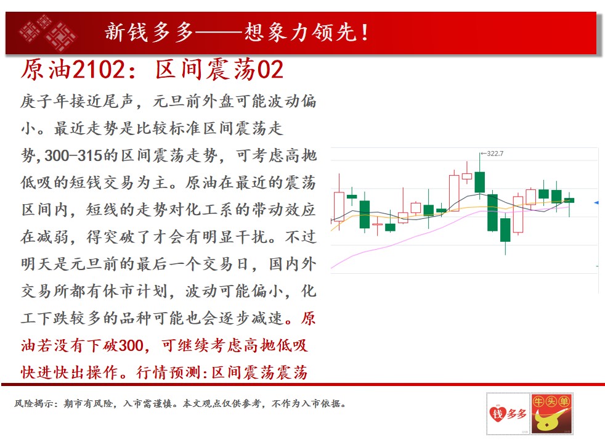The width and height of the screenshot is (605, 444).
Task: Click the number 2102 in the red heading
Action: (99, 70)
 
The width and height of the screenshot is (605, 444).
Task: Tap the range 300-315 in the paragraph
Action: (73, 155)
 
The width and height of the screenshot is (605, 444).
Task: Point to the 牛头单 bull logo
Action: (551, 414)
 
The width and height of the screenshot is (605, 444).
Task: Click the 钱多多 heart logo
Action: (508, 414)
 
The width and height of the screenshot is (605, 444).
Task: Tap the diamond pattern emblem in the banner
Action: (47, 33)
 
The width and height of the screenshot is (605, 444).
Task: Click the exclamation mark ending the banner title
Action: (365, 33)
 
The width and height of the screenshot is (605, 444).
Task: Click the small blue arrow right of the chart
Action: (596, 203)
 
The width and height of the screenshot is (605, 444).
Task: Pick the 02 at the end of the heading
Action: (270, 70)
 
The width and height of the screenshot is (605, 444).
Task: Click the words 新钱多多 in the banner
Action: (149, 32)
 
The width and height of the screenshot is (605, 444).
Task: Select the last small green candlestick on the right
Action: (569, 200)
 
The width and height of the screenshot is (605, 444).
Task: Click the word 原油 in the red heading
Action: (46, 70)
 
